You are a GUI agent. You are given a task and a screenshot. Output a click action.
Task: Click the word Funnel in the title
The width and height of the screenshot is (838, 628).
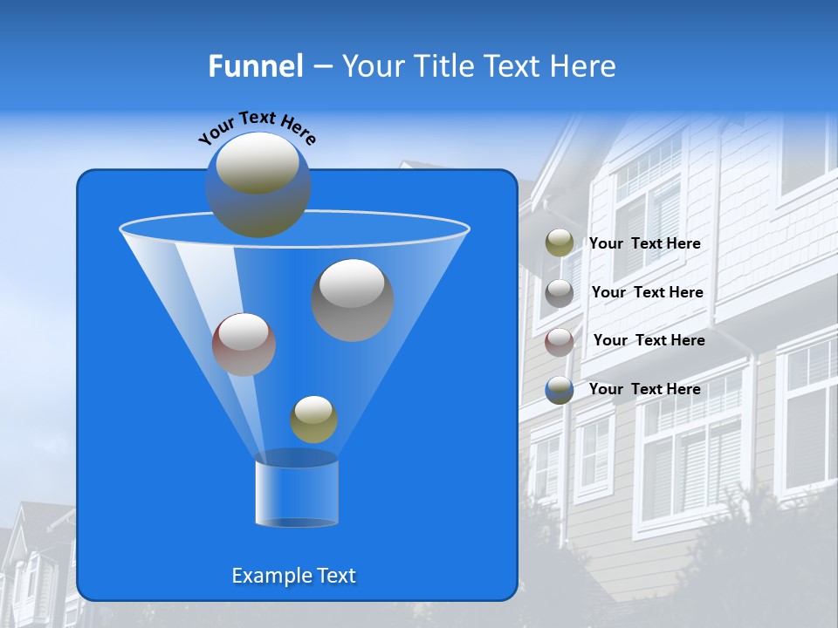pyautogui.click(x=255, y=66)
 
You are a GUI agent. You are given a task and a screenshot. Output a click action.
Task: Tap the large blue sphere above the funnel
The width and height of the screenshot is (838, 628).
pyautogui.click(x=258, y=185)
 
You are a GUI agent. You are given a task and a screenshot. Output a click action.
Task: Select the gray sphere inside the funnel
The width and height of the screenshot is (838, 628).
pyautogui.click(x=353, y=300)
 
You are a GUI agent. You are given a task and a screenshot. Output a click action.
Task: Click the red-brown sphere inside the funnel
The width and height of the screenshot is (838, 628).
pyautogui.click(x=244, y=345)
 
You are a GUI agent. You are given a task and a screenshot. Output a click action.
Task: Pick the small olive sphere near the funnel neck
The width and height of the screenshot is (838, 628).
pyautogui.click(x=313, y=420)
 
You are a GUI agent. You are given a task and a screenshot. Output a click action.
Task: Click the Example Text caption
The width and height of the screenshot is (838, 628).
pyautogui.click(x=293, y=576)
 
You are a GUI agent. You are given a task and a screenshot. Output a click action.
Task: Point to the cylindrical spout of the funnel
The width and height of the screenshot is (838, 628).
pyautogui.click(x=296, y=493)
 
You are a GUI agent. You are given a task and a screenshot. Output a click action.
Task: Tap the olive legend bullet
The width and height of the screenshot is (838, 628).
pyautogui.click(x=560, y=243)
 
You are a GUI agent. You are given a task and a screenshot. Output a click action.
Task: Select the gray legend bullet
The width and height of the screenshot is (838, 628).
pyautogui.click(x=560, y=292)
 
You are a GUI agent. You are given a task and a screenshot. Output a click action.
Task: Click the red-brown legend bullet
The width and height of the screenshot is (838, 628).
pyautogui.click(x=560, y=341)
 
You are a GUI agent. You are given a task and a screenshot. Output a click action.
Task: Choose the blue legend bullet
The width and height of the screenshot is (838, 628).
pyautogui.click(x=560, y=390)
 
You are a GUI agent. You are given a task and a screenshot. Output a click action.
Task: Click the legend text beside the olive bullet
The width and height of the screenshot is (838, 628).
pyautogui.click(x=644, y=243)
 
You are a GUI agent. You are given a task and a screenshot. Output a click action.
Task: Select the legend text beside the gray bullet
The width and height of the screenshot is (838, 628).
pyautogui.click(x=647, y=292)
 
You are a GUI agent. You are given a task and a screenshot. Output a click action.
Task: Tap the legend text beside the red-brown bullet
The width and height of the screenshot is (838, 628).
pyautogui.click(x=649, y=340)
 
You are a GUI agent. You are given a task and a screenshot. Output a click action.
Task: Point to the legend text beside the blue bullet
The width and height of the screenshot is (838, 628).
pyautogui.click(x=644, y=389)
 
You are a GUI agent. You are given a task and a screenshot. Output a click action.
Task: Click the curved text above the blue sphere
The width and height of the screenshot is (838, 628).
pyautogui.click(x=257, y=126)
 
